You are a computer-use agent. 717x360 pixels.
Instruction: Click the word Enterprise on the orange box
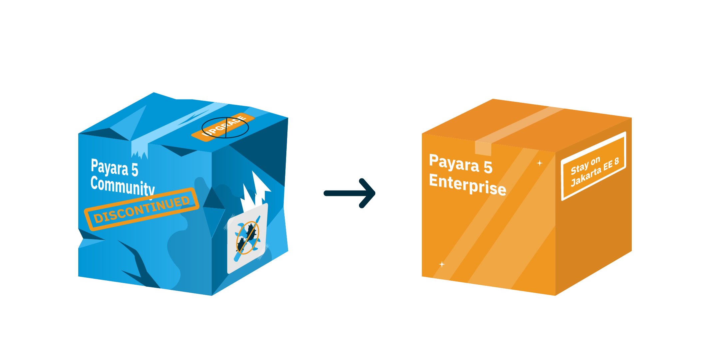(467, 184)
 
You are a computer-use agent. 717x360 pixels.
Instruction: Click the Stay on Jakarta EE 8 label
(594, 167)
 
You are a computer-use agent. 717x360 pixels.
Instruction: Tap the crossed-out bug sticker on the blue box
(247, 238)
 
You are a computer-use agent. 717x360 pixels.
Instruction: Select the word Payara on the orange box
(454, 163)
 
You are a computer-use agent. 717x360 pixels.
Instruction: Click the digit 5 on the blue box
(135, 170)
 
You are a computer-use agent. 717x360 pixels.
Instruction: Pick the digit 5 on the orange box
(488, 167)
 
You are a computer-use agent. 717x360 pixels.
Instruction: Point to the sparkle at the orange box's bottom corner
(442, 264)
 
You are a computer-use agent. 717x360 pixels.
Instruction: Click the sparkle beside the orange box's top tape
(539, 163)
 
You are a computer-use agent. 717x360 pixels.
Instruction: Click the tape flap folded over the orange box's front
(483, 148)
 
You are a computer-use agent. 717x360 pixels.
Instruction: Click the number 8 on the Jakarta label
(616, 162)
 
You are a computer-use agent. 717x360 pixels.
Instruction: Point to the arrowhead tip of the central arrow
(374, 193)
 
